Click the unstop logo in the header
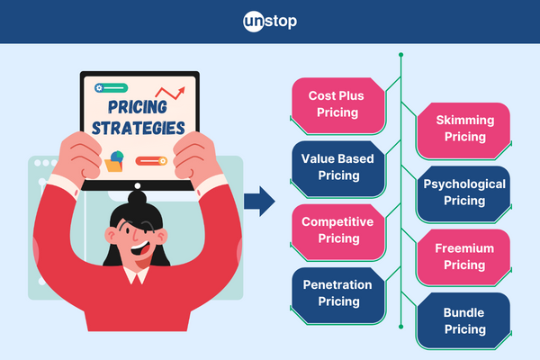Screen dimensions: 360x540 270,21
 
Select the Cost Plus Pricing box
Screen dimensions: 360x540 334,104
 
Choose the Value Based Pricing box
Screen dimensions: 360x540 334,166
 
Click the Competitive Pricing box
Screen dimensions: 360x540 334,229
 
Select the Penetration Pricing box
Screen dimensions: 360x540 334,293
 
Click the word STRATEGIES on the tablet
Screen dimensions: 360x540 139,128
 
